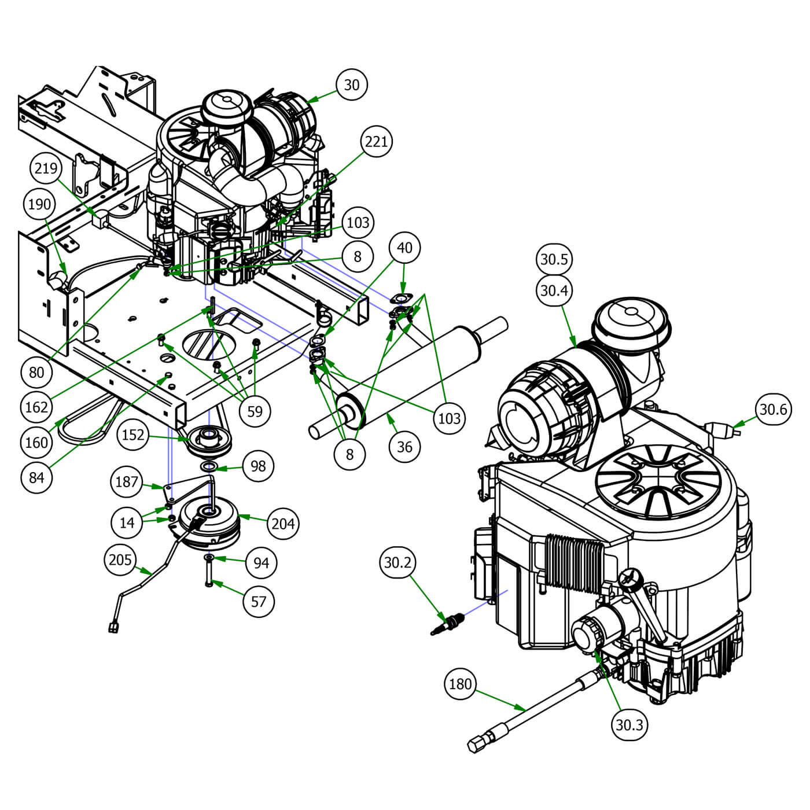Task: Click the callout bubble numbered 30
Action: pos(351,85)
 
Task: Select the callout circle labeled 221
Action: pos(376,142)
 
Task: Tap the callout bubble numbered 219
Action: pos(46,168)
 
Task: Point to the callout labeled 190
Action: pos(39,204)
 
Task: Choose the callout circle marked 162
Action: pos(36,407)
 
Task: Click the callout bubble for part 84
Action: pos(36,477)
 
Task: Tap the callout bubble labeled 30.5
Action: pos(554,259)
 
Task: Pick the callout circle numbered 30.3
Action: pos(629,725)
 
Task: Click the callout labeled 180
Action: pos(460,684)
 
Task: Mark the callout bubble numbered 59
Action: pos(255,411)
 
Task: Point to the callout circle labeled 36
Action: pos(404,447)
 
